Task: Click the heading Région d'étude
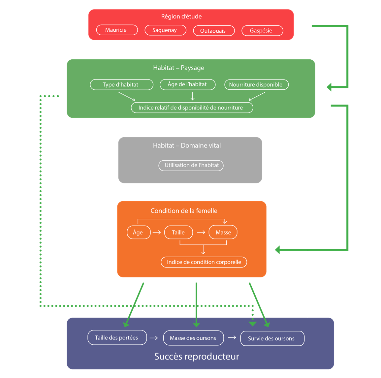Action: [x=181, y=16]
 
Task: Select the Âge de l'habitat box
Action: [x=187, y=84]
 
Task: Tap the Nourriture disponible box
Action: [x=256, y=85]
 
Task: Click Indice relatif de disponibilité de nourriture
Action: [x=192, y=108]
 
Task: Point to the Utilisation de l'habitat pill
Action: [x=191, y=166]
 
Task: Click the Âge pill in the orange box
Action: [x=139, y=233]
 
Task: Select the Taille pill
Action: [x=178, y=233]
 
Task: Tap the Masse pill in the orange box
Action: [x=223, y=233]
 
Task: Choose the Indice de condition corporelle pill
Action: [x=204, y=262]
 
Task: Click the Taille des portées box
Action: [x=117, y=338]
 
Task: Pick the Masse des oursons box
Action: [x=193, y=338]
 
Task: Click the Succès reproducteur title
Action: [x=197, y=357]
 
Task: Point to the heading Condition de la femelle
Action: [x=184, y=211]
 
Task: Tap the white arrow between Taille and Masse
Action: [x=201, y=233]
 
